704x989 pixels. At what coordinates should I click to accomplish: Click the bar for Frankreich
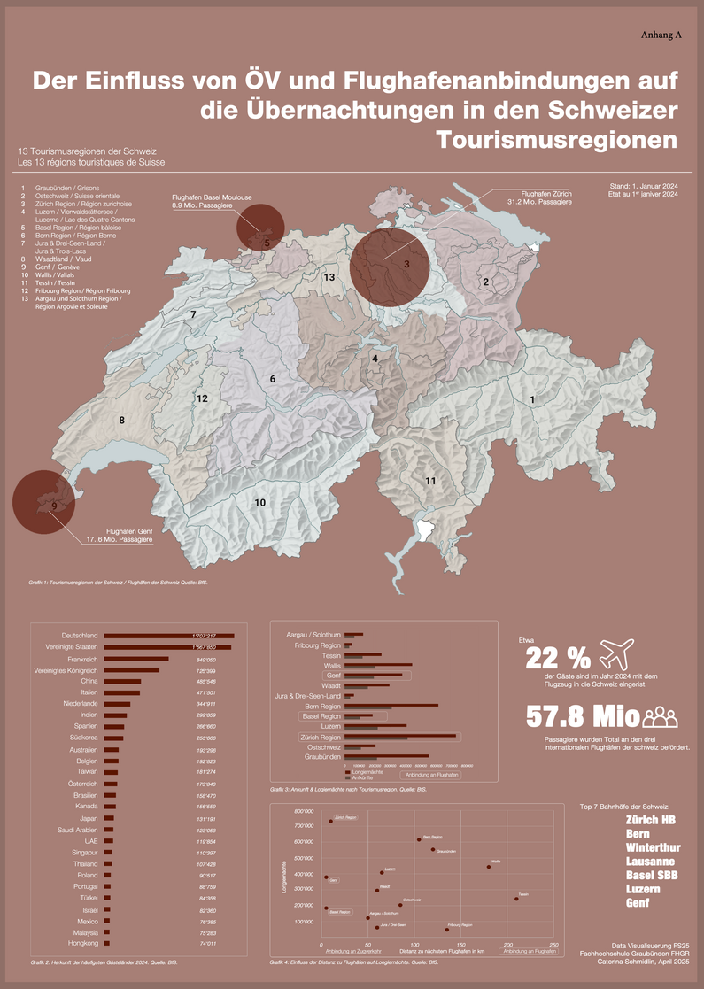[136, 660]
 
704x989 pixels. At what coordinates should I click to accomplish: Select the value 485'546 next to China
[205, 682]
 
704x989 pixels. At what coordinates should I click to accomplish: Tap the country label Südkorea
[84, 738]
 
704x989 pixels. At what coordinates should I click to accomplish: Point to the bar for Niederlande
[117, 704]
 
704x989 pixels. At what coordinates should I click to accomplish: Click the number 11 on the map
[430, 481]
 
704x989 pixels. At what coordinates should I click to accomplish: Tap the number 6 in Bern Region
[273, 379]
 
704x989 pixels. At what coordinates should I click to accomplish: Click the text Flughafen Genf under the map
[123, 529]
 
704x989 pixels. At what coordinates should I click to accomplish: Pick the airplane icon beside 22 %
[618, 657]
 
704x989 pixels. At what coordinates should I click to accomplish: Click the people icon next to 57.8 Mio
[661, 716]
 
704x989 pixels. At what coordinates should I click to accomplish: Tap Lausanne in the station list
[650, 861]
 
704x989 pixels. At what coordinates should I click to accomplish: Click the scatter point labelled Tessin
[516, 899]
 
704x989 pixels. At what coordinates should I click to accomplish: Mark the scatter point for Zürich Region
[330, 821]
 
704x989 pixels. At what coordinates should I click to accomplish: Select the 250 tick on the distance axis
[553, 945]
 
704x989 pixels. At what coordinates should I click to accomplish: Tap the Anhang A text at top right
[661, 35]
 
